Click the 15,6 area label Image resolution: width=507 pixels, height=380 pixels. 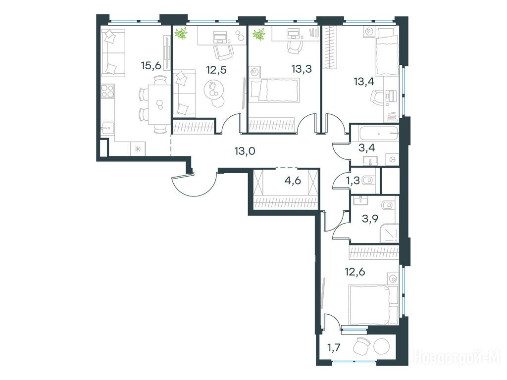pyautogui.click(x=151, y=66)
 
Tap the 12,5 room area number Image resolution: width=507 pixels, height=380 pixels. pyautogui.click(x=216, y=69)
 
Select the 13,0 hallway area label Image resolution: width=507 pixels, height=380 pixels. pyautogui.click(x=245, y=150)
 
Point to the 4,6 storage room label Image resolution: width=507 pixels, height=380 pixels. pyautogui.click(x=293, y=180)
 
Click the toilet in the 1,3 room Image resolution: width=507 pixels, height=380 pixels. pyautogui.click(x=368, y=180)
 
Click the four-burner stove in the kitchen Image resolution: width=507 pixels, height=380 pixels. pyautogui.click(x=107, y=91)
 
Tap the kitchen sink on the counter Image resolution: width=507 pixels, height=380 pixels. pyautogui.click(x=107, y=128)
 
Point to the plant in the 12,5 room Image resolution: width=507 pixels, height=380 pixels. pyautogui.click(x=181, y=34)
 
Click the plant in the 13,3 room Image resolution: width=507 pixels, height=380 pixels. pyautogui.click(x=259, y=34)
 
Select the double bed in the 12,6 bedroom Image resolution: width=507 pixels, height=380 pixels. pyautogui.click(x=373, y=304)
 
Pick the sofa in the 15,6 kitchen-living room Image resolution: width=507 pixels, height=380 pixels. pyautogui.click(x=113, y=52)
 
